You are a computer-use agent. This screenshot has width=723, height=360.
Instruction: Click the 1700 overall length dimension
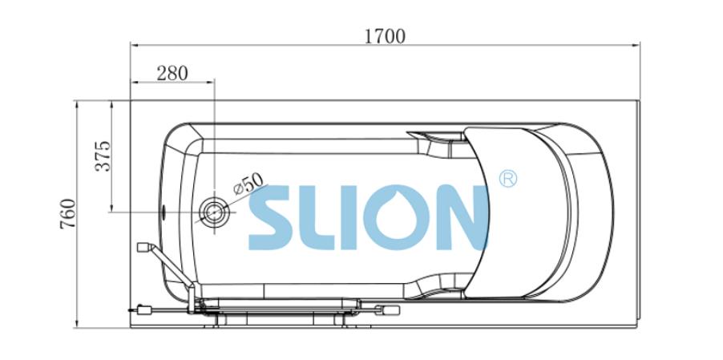tap(385, 36)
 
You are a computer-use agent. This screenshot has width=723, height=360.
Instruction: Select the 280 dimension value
tap(172, 73)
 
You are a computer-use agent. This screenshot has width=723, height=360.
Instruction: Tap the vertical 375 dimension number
tap(103, 156)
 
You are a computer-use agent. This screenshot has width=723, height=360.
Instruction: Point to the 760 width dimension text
tap(68, 214)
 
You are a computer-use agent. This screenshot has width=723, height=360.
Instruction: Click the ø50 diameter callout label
tap(248, 183)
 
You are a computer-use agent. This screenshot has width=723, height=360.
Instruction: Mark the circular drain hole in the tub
tap(214, 212)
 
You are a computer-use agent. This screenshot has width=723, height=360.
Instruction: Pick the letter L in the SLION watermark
tap(317, 217)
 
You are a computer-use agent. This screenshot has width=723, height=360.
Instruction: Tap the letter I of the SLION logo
tap(349, 217)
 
